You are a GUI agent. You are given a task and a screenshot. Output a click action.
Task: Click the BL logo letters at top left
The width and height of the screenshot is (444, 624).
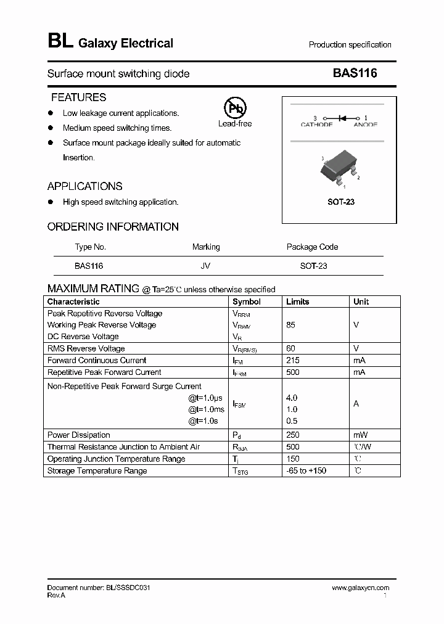[59, 42]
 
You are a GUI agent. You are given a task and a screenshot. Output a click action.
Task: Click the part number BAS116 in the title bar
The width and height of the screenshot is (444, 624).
[355, 73]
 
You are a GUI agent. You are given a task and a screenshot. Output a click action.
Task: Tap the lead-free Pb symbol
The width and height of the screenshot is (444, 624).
[234, 109]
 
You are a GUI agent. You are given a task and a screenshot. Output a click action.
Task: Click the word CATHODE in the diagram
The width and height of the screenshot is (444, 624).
[316, 125]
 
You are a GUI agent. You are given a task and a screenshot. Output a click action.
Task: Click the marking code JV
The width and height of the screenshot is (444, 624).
[205, 266]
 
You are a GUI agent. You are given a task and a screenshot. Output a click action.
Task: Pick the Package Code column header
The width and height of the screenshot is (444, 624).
[312, 247]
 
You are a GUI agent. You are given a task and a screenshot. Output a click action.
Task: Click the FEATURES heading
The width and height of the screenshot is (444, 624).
[78, 97]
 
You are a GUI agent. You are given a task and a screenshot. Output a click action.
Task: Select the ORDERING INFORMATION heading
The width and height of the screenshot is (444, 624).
[113, 227]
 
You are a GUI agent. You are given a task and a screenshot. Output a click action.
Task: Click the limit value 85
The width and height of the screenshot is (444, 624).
[292, 325]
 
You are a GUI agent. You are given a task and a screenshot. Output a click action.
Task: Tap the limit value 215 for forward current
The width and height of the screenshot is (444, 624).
[293, 361]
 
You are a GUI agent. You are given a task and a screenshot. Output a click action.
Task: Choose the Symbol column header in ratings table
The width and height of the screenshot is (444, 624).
[246, 302]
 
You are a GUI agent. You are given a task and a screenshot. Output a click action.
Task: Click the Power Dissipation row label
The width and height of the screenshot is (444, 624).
[79, 435]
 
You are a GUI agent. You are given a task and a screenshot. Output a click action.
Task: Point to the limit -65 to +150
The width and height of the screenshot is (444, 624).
[306, 471]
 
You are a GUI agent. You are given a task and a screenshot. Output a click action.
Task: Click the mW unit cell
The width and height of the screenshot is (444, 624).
[360, 435]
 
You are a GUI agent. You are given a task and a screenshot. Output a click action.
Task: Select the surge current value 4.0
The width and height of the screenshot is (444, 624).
[292, 398]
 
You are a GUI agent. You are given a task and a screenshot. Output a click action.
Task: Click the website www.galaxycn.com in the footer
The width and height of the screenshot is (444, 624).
[361, 588]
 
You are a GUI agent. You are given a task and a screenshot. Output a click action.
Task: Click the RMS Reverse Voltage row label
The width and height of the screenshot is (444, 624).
[86, 349]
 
